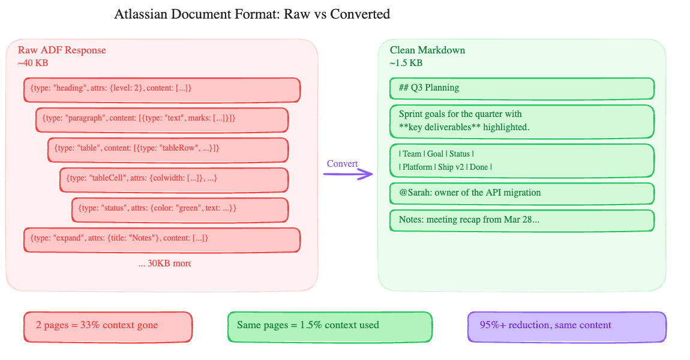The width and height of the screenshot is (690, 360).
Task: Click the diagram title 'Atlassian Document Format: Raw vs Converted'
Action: (252, 14)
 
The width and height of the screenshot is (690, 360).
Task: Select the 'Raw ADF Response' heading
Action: (62, 50)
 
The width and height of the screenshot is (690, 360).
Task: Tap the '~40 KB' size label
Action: (33, 62)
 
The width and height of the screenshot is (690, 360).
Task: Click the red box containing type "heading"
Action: (161, 90)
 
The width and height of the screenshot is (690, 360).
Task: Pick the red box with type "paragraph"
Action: (161, 119)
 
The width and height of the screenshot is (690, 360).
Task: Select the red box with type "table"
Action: (167, 149)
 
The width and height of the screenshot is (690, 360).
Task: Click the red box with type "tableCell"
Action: (173, 179)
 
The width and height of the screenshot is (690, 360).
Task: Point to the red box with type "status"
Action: (179, 209)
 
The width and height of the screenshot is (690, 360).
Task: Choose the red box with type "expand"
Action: (161, 239)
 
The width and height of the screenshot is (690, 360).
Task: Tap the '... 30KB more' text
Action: (164, 263)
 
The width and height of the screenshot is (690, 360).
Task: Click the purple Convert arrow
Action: (348, 175)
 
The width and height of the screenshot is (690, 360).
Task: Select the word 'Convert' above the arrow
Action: (342, 164)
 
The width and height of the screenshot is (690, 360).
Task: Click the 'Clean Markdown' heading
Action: (427, 50)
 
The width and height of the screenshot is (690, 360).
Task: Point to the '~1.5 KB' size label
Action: (406, 62)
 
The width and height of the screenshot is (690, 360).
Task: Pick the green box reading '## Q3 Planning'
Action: (521, 88)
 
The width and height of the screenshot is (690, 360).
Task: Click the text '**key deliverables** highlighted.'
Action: (464, 127)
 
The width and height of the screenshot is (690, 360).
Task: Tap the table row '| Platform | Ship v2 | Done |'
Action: (445, 167)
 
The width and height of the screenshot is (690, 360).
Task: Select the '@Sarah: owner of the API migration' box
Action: (521, 193)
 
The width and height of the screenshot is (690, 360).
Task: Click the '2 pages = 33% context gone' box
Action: (108, 326)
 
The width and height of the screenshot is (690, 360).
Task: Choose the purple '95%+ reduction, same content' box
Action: (566, 326)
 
